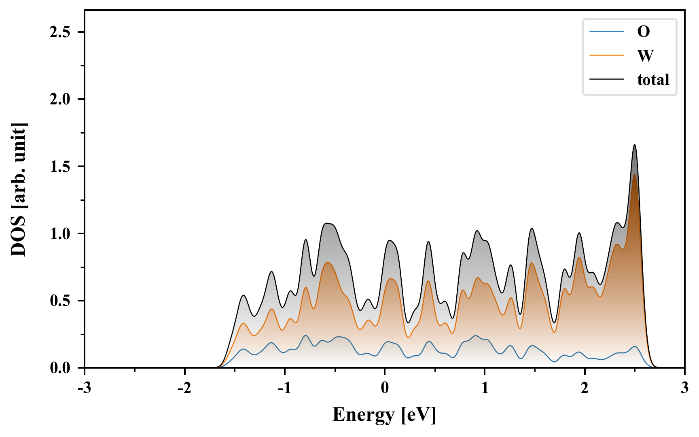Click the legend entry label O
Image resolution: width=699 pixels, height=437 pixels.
643,32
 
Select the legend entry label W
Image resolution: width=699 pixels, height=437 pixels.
645,55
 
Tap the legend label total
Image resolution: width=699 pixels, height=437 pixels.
653,80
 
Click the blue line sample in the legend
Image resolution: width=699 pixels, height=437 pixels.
606,32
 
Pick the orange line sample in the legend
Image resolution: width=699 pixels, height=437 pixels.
606,55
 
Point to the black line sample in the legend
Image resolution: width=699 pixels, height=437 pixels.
606,80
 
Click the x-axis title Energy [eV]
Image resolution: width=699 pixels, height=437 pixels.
384,415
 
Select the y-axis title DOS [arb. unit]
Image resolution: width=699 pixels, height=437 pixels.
19,189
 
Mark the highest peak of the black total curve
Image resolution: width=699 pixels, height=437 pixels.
634,145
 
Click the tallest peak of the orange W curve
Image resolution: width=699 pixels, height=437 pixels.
634,174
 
